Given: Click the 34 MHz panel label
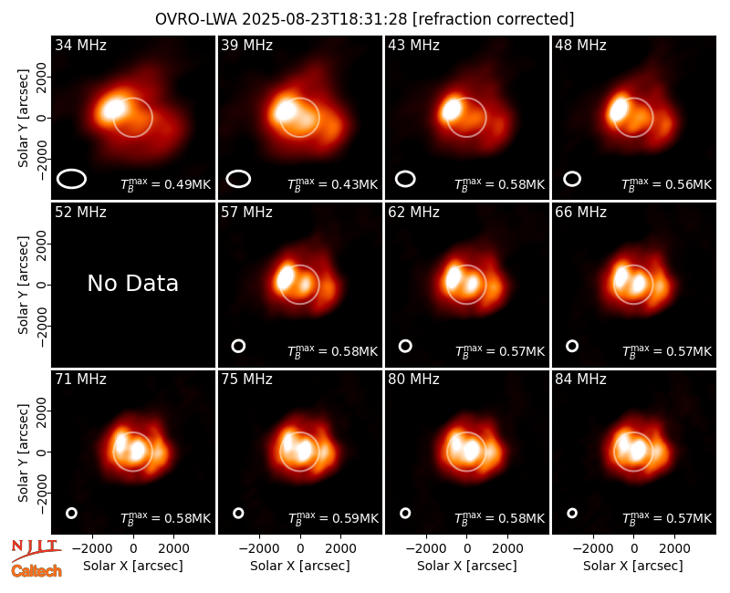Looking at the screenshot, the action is tap(80, 45).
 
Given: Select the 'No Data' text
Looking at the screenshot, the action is tap(132, 283).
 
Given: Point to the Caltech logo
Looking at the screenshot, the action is tap(36, 571).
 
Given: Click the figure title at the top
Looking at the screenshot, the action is tap(364, 19).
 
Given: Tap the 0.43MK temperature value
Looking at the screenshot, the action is tap(354, 185).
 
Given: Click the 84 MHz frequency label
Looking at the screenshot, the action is tap(580, 380).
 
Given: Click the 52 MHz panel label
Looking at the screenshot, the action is tap(80, 213).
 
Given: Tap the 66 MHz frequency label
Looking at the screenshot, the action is tap(580, 213).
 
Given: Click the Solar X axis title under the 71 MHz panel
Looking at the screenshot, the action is tap(132, 566).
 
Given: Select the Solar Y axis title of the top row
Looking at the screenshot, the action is tap(23, 119).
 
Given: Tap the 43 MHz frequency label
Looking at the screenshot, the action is tap(413, 45).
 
